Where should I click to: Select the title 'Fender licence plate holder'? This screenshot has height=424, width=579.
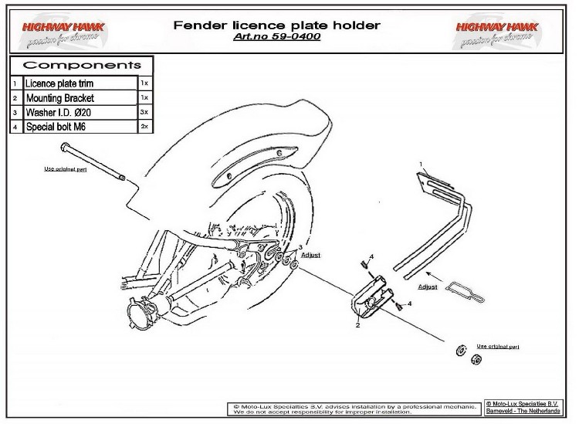pos(277,25)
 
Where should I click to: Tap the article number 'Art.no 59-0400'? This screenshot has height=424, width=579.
pos(277,36)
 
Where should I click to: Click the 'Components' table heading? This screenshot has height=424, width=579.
pos(81,65)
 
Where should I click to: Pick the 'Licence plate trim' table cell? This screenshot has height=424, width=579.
pos(80,82)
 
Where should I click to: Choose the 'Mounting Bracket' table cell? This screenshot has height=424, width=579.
pos(80,99)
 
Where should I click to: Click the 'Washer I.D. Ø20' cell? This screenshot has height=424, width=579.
pos(80,113)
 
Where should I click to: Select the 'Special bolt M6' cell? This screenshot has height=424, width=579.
pos(80,127)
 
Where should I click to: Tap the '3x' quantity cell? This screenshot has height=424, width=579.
pos(144,113)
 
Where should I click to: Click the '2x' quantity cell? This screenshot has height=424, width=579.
pos(144,127)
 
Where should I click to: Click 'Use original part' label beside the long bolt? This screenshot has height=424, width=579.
pos(65,168)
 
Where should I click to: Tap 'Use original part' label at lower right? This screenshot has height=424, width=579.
pos(498,347)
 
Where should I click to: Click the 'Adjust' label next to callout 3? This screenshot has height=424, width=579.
pos(310,253)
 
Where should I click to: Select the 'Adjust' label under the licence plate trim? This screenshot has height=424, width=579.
pos(428,287)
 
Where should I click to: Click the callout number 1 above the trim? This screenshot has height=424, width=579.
pos(422,165)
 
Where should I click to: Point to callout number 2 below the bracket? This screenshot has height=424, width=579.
pos(358,326)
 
